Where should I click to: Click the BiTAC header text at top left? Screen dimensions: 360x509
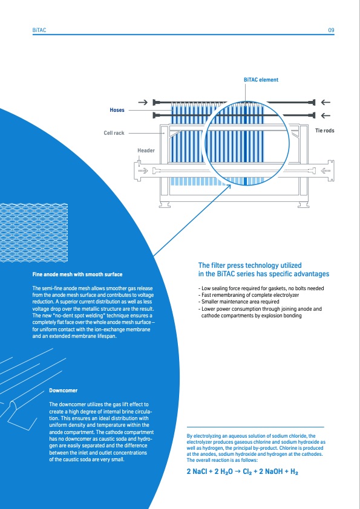click(39, 30)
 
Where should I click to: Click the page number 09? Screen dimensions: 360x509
click(331, 30)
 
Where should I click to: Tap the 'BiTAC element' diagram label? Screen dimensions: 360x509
click(261, 80)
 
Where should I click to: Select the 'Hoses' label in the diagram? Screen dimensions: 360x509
click(117, 110)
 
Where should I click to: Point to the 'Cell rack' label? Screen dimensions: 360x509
click(114, 133)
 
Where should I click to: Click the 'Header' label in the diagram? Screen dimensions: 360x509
click(146, 151)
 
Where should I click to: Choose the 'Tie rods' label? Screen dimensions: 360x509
click(324, 131)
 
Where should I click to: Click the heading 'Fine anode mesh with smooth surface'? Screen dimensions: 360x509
click(77, 274)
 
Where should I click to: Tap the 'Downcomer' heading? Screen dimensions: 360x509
click(64, 390)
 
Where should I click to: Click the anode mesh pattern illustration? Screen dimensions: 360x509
click(34, 233)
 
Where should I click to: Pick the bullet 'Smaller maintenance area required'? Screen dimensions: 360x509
click(239, 302)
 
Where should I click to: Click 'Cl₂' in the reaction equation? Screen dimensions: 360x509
click(247, 472)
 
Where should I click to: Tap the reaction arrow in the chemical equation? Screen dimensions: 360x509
click(238, 472)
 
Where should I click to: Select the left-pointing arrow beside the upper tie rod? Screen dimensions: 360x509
click(326, 102)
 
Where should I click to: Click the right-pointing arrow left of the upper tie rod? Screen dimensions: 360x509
click(143, 102)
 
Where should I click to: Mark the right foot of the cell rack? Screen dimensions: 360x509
click(304, 205)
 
